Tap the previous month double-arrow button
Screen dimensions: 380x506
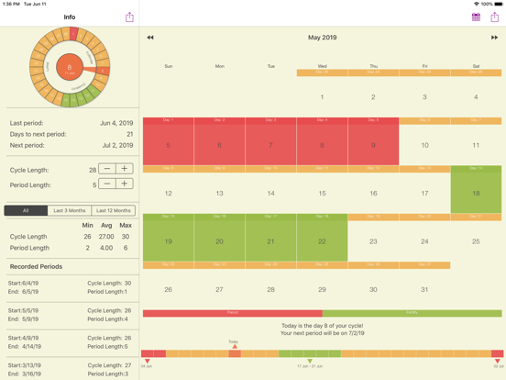point(150,38)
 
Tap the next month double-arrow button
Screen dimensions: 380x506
point(494,38)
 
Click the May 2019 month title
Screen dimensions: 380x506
point(322,38)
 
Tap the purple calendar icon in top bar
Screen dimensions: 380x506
point(476,17)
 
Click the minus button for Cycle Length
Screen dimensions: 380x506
point(107,169)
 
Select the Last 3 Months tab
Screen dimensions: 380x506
point(70,210)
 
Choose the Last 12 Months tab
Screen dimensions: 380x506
point(114,210)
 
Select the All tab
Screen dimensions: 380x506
point(26,210)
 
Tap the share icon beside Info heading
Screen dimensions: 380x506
point(129,17)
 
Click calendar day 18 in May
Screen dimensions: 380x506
point(476,193)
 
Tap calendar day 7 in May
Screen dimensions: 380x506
point(270,145)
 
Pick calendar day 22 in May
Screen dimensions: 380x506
point(322,241)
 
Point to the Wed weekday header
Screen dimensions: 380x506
point(322,66)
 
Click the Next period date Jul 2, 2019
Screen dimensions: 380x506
point(116,146)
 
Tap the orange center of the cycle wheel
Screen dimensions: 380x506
point(70,66)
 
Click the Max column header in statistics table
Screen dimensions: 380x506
point(126,225)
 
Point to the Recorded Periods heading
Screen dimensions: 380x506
point(37,266)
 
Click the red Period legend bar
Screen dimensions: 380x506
point(232,313)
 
